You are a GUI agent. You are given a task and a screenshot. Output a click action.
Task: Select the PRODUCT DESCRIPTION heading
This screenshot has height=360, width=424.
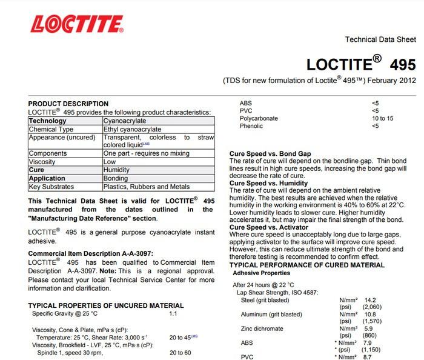click(68, 104)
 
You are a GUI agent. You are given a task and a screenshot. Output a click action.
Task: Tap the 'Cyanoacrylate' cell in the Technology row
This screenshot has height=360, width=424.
click(125, 121)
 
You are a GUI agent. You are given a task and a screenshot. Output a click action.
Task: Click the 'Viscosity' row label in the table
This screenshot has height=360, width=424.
click(42, 162)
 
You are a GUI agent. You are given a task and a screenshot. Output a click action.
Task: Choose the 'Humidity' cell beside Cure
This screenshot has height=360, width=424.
click(118, 170)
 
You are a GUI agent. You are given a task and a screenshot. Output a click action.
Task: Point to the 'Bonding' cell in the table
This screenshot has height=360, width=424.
click(116, 179)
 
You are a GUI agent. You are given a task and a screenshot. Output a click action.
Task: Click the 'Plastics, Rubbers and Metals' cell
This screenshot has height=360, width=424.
click(147, 187)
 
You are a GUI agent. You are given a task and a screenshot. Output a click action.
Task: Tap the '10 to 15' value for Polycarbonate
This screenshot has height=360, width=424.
click(382, 118)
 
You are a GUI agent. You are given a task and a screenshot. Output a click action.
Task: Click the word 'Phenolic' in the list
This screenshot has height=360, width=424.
click(252, 126)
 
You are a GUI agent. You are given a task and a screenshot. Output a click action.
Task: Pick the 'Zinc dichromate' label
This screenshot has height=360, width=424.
click(262, 328)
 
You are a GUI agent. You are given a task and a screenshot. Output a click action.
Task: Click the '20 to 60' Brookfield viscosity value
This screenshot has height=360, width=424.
click(180, 352)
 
